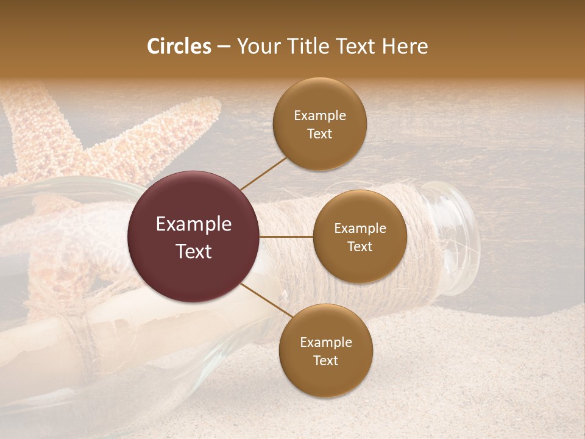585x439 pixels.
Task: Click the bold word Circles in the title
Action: click(x=179, y=46)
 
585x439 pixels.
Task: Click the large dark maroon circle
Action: click(x=194, y=237)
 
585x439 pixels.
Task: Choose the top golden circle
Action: click(x=319, y=124)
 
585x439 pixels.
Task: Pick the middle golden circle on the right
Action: click(x=360, y=237)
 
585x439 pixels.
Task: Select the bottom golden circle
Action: click(x=325, y=351)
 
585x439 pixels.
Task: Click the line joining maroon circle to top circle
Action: click(x=263, y=173)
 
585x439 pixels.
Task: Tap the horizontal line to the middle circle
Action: click(x=286, y=237)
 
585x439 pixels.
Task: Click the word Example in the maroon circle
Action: click(x=194, y=224)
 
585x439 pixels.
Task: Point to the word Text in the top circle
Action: click(x=319, y=134)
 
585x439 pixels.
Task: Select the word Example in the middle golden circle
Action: click(x=360, y=229)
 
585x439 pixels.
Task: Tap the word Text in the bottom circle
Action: click(x=325, y=360)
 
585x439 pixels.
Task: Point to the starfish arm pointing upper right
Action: click(x=183, y=128)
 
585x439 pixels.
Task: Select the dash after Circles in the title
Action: click(x=224, y=46)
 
